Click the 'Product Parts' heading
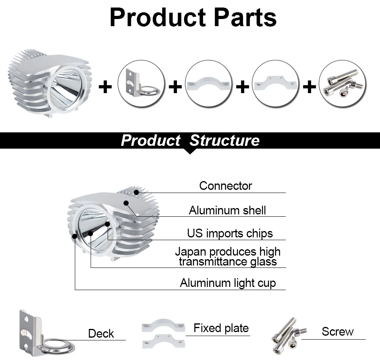click(x=193, y=17)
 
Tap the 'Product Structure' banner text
click(x=190, y=140)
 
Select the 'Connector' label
click(x=226, y=186)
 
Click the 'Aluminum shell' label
click(x=227, y=210)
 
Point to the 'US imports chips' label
click(x=230, y=233)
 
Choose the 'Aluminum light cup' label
click(x=228, y=283)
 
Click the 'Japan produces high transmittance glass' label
click(x=228, y=257)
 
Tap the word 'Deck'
click(x=101, y=334)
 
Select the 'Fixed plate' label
click(x=221, y=328)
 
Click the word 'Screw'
click(x=338, y=331)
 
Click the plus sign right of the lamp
click(x=105, y=87)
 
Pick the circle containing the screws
click(x=342, y=84)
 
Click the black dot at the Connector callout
click(x=137, y=193)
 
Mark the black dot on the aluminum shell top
click(x=126, y=203)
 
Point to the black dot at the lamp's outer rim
click(x=75, y=236)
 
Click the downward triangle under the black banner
click(x=190, y=151)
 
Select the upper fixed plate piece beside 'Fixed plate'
click(x=163, y=325)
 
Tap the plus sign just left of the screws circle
click(x=310, y=87)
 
